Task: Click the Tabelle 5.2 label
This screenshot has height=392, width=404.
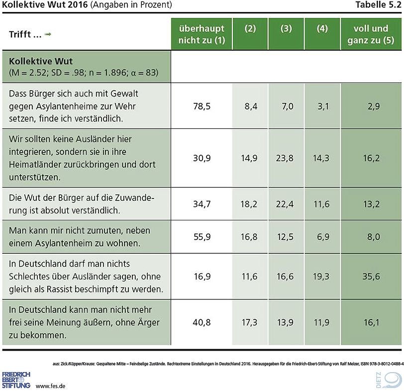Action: point(379,5)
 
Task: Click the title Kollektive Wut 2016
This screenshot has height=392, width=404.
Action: point(45,5)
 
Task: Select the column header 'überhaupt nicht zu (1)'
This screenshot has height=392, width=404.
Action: point(202,34)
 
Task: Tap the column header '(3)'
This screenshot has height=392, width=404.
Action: point(286,29)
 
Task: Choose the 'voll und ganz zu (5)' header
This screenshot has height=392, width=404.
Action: point(371,34)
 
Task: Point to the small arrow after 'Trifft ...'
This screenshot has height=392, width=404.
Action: point(48,34)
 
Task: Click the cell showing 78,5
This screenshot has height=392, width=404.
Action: point(202,106)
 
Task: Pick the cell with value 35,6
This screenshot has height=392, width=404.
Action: point(371,276)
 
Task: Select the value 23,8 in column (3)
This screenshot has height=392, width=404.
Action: point(286,158)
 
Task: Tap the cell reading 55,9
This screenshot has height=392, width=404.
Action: point(202,237)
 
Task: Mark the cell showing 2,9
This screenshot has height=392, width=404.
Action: point(371,106)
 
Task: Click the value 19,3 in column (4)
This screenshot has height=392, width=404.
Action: point(322,276)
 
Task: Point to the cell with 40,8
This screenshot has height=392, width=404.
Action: point(202,322)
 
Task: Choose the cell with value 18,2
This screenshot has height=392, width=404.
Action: point(250,204)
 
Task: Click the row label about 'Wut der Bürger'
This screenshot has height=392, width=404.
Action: point(82,204)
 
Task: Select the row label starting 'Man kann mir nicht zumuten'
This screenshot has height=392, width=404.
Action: point(80,237)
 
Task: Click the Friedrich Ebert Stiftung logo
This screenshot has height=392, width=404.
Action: point(16,379)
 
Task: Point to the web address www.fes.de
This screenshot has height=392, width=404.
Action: point(51,386)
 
